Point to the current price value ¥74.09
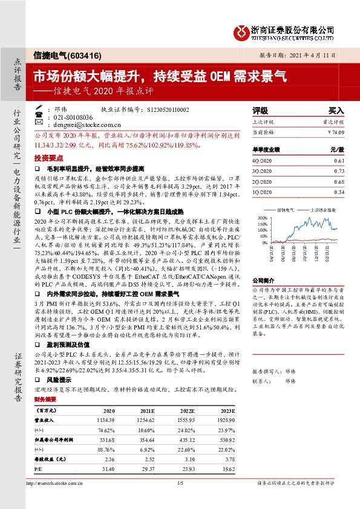click(335, 132)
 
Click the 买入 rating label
click(336, 111)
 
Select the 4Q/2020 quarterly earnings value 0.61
click(339, 160)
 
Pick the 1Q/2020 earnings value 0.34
click(339, 192)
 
